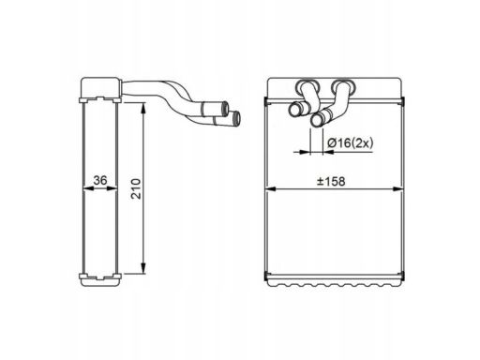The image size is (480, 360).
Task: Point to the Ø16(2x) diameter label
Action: pyautogui.click(x=349, y=142)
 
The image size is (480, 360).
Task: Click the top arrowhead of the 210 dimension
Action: pyautogui.click(x=142, y=108)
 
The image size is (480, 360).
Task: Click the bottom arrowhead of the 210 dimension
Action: pyautogui.click(x=142, y=273)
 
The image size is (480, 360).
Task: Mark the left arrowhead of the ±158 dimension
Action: pyautogui.click(x=272, y=187)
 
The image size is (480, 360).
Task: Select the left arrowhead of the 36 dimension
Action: pyautogui.click(x=86, y=188)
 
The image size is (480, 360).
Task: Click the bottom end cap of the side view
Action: pyautogui.click(x=99, y=278)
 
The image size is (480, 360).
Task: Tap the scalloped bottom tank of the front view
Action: pyautogui.click(x=337, y=278)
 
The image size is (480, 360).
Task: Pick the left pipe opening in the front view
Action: pyautogui.click(x=293, y=112)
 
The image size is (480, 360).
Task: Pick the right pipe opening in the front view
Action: pyautogui.click(x=318, y=119)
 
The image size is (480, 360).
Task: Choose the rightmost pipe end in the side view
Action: pyautogui.click(x=234, y=118)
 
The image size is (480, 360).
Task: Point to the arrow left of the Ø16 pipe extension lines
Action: pyautogui.click(x=303, y=150)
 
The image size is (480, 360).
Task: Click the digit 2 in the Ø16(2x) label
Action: pyautogui.click(x=360, y=142)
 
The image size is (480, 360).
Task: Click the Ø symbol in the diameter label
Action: pyautogui.click(x=331, y=142)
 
